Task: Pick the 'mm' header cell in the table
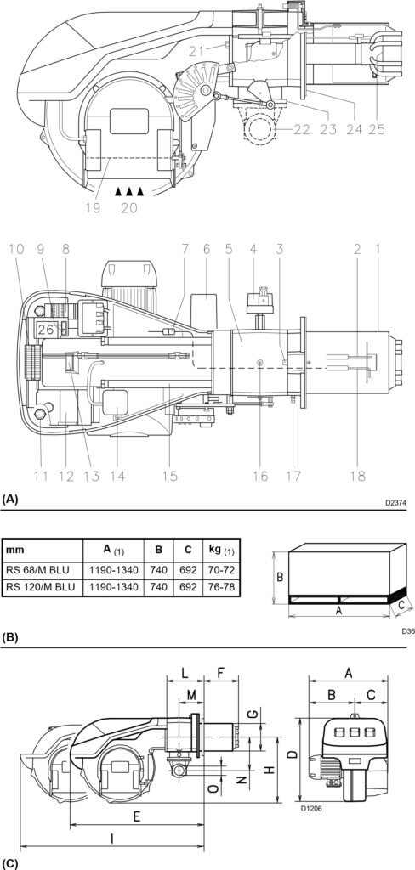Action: [18, 549]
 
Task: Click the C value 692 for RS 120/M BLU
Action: [188, 587]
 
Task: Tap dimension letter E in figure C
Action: [136, 815]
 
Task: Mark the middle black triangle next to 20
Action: [129, 193]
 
